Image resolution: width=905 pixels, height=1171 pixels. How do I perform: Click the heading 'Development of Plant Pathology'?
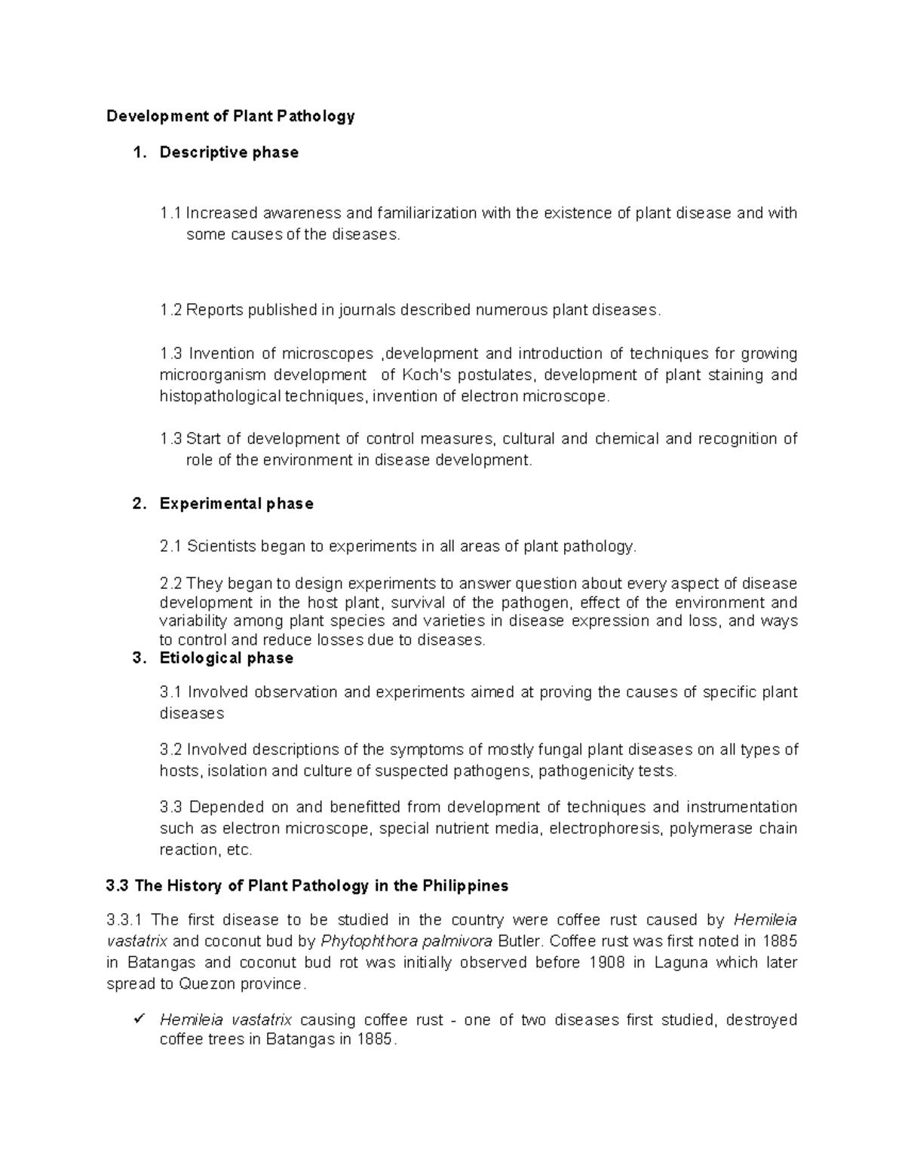click(x=230, y=116)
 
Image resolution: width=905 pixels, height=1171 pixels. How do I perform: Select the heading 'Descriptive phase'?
click(x=229, y=152)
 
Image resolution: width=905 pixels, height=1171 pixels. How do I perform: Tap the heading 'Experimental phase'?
click(x=236, y=504)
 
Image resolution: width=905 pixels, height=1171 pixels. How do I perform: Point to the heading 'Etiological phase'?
click(x=226, y=658)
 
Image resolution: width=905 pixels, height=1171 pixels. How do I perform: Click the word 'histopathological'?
click(x=219, y=397)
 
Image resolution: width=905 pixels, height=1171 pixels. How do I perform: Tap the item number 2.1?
click(x=170, y=547)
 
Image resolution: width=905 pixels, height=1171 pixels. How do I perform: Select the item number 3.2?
click(x=170, y=750)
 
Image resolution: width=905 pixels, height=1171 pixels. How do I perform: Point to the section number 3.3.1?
click(x=125, y=920)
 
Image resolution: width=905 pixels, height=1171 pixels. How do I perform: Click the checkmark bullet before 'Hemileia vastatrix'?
click(x=138, y=1019)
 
